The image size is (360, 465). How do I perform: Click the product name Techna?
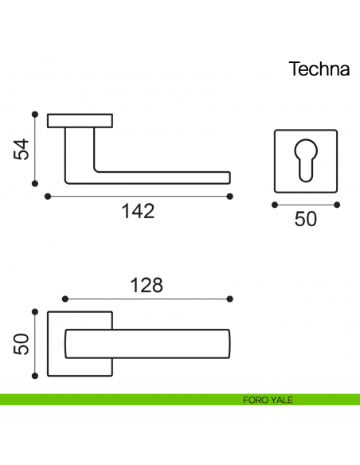click(319, 68)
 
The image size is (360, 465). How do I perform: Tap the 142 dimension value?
click(139, 211)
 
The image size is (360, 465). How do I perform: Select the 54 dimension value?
click(22, 149)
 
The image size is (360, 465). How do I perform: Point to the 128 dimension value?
click(147, 285)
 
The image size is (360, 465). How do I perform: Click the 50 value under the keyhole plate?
click(305, 219)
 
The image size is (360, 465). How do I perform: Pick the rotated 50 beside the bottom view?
click(22, 344)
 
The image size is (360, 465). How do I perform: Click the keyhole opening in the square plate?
click(306, 160)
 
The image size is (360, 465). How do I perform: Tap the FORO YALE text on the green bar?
click(268, 400)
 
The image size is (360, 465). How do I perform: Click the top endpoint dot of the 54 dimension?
click(35, 114)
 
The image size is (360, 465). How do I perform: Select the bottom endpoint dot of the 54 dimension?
click(35, 184)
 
